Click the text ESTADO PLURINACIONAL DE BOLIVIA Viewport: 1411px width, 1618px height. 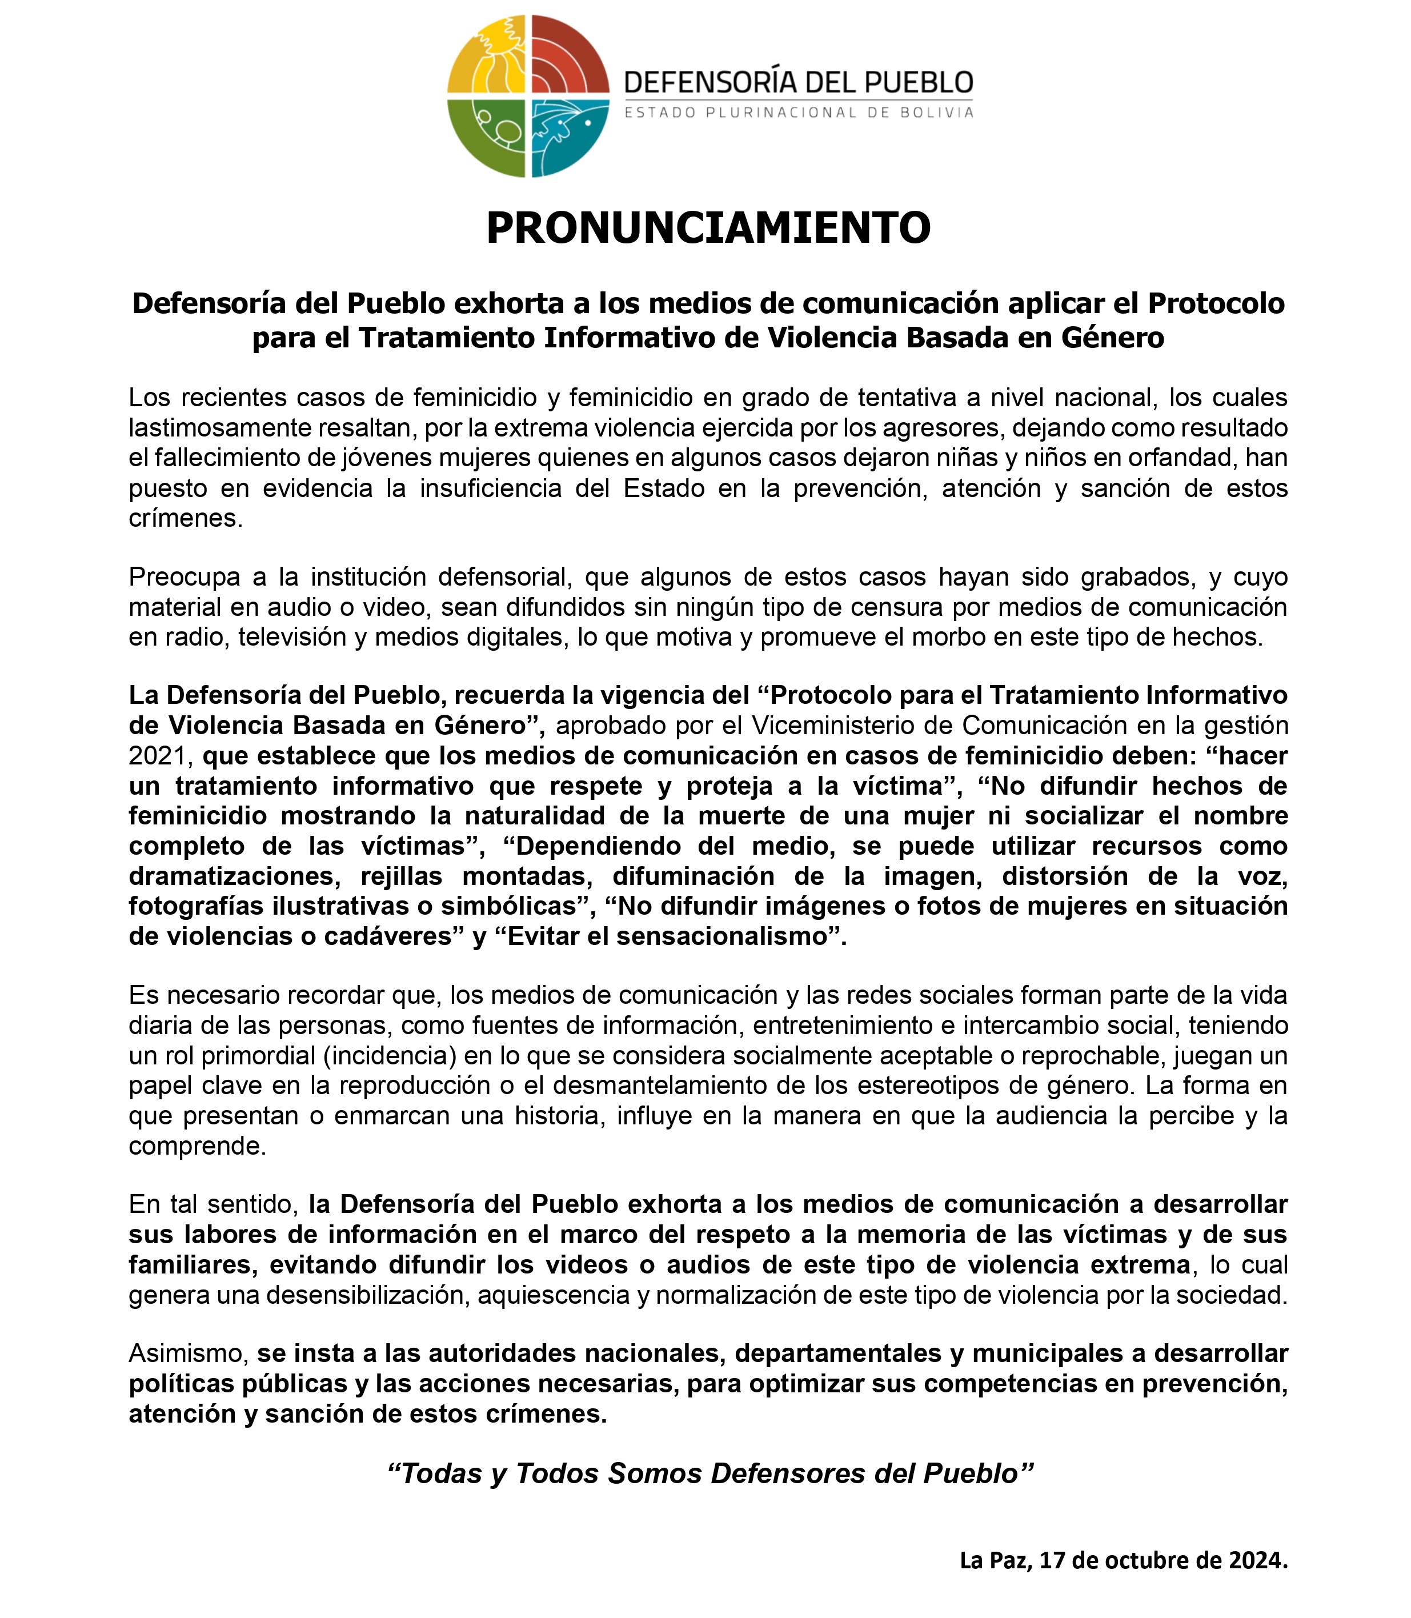(799, 113)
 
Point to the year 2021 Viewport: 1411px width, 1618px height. (157, 756)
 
